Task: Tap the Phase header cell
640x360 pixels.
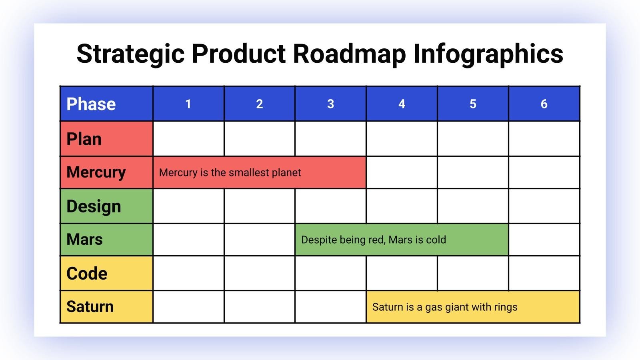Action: tap(106, 104)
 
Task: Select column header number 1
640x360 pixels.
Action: tap(188, 104)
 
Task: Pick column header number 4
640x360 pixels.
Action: tap(402, 104)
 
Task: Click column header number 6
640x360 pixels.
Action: tap(544, 104)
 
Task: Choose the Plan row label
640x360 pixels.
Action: tap(106, 139)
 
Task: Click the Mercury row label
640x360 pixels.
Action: tap(106, 172)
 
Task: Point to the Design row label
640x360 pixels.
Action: tap(106, 206)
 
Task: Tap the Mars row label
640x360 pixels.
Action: tap(106, 240)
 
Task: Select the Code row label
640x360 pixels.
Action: tap(106, 273)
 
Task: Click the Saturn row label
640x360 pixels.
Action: tap(106, 307)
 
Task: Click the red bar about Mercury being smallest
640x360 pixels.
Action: tap(259, 172)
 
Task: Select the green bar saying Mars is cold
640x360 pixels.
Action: tap(402, 240)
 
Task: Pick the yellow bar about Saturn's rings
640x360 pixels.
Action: tap(473, 307)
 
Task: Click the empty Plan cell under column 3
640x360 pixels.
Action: tap(330, 139)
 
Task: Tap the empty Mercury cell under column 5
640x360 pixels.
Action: tap(473, 172)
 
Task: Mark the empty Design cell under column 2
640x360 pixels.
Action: tap(260, 206)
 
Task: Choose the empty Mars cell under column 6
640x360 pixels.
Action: tap(544, 240)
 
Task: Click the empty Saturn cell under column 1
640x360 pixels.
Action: tap(188, 307)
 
